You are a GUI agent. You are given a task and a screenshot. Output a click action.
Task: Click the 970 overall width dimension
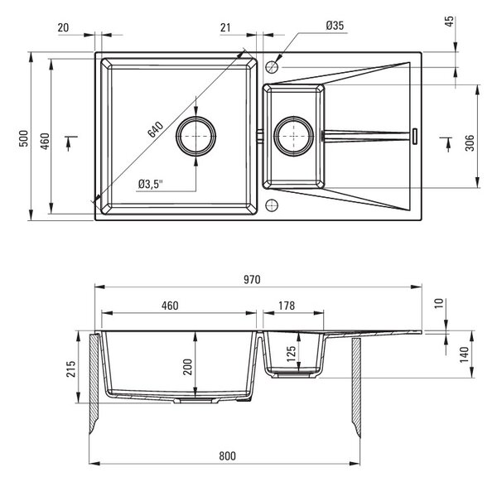[x=252, y=279]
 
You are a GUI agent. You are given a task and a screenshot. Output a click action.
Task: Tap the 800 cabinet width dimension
[x=227, y=456]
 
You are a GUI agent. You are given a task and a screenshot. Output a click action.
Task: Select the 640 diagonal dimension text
[x=156, y=129]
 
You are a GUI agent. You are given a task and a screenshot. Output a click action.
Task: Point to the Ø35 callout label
[x=335, y=26]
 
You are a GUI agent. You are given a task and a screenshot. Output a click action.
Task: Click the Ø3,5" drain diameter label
[x=151, y=184]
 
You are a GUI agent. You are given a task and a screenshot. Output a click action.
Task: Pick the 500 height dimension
[x=24, y=138]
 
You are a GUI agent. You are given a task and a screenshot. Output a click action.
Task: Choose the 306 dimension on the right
[x=470, y=142]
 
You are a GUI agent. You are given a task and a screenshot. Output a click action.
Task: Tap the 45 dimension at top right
[x=450, y=22]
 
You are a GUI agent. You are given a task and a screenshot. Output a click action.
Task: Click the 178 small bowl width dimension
[x=287, y=306]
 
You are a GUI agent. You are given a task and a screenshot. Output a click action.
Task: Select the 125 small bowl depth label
[x=291, y=354]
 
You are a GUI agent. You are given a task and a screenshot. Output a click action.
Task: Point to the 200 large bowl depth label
[x=188, y=367]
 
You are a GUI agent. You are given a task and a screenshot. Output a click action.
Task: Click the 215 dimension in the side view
[x=71, y=369]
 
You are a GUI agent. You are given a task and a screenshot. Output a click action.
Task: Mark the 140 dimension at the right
[x=464, y=355]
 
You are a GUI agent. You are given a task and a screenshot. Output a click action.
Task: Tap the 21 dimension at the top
[x=225, y=27]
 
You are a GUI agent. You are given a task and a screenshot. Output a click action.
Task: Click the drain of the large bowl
[x=196, y=137]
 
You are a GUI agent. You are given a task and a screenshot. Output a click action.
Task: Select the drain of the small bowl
[x=294, y=137]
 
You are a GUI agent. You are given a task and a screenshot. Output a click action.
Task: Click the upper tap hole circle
[x=272, y=67]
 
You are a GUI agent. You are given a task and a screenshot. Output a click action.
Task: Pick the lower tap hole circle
[x=272, y=205]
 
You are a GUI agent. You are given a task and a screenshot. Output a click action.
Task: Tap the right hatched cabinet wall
[x=356, y=388]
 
